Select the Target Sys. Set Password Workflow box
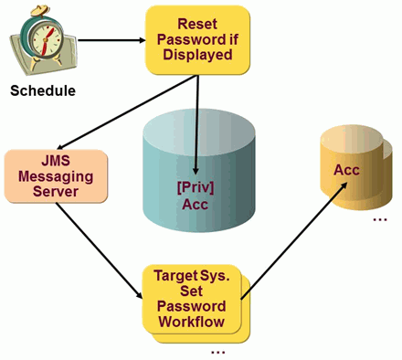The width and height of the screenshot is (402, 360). pos(194,298)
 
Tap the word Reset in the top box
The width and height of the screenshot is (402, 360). pos(197,22)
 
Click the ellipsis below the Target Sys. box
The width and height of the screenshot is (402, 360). pos(216,351)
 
